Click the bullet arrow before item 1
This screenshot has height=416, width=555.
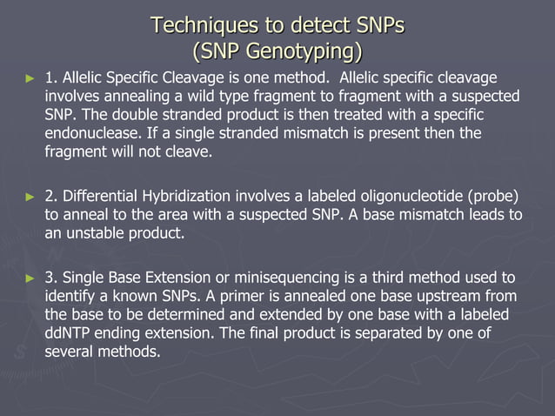click(31, 78)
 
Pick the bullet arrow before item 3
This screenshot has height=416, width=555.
click(31, 278)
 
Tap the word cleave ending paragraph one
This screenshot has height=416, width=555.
click(189, 152)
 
